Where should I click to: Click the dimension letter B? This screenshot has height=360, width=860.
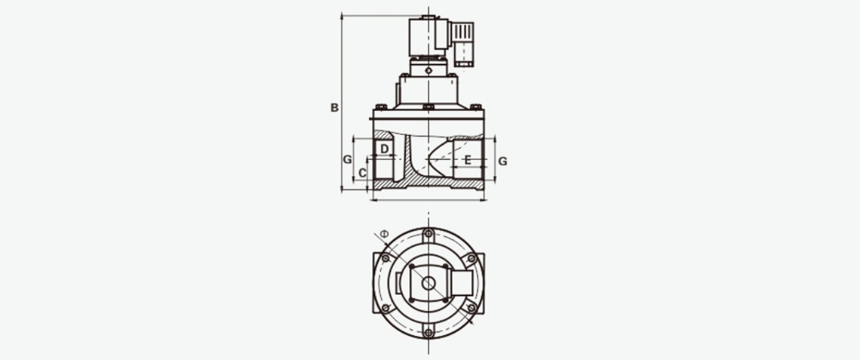[335, 108]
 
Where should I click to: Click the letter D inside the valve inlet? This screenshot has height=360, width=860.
[384, 148]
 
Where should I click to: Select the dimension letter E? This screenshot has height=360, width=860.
[467, 160]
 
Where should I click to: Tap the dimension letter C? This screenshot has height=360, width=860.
[362, 173]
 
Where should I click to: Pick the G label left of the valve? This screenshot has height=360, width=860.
[347, 159]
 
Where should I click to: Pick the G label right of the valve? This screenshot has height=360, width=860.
[503, 161]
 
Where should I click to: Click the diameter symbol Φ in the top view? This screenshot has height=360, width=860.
[384, 234]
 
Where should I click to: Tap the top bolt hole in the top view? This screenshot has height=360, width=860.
[429, 233]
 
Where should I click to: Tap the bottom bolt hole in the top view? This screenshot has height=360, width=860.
[429, 332]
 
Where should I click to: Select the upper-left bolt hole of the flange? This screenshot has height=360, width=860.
[386, 259]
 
